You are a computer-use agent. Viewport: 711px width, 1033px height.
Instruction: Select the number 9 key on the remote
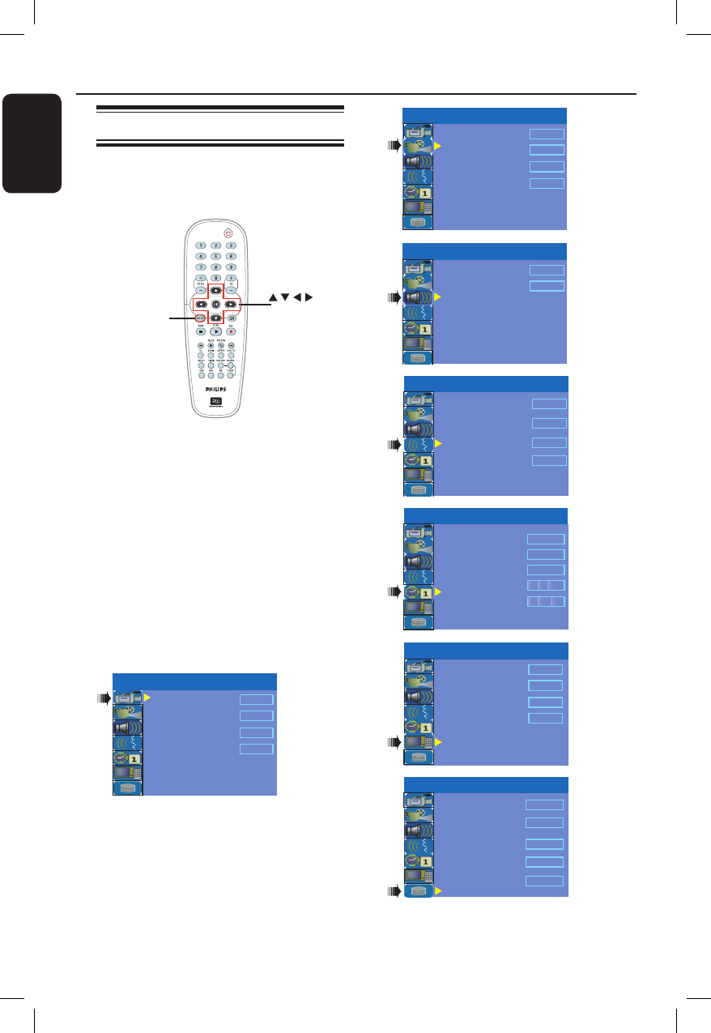pos(231,267)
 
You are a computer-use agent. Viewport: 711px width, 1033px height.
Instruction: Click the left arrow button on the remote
pos(198,305)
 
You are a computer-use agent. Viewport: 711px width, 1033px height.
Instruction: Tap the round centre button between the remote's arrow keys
pos(215,305)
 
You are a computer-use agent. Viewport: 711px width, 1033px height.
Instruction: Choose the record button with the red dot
pos(231,331)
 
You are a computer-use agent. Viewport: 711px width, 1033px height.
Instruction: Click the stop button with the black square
pos(200,331)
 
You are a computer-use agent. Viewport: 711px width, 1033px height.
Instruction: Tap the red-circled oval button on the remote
pos(199,319)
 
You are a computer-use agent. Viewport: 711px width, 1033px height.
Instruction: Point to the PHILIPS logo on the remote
pos(215,389)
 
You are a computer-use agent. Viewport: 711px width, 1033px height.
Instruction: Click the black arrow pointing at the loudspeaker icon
pos(394,297)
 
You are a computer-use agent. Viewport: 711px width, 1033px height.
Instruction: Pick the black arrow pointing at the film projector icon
pos(394,146)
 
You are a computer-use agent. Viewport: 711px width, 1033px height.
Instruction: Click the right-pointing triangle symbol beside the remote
pos(307,297)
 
